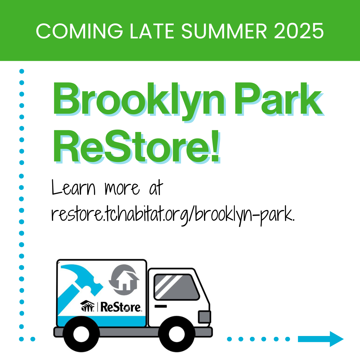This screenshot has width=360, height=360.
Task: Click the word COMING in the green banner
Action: tap(79, 31)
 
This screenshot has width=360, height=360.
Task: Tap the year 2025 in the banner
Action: tap(299, 31)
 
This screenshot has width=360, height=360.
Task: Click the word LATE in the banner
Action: tap(152, 31)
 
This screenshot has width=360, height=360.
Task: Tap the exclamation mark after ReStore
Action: tap(215, 146)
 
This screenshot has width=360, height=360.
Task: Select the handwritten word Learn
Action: tap(73, 187)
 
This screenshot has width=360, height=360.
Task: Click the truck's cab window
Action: tap(176, 287)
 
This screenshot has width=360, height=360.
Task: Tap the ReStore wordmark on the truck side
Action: tap(121, 307)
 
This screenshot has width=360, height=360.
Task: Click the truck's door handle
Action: tap(160, 306)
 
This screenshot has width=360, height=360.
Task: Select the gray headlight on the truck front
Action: tap(205, 317)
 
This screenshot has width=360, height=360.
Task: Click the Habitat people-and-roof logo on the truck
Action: tap(87, 306)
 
